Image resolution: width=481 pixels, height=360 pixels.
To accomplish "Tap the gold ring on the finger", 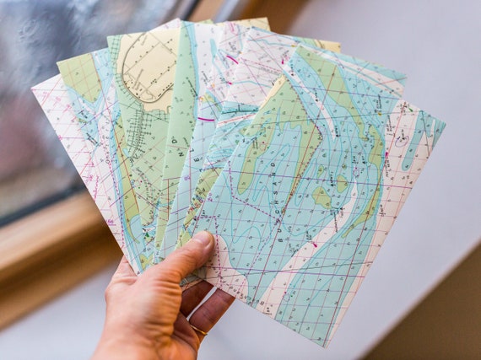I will point(197,330).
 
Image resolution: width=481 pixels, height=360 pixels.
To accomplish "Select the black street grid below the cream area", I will point(139,126).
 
